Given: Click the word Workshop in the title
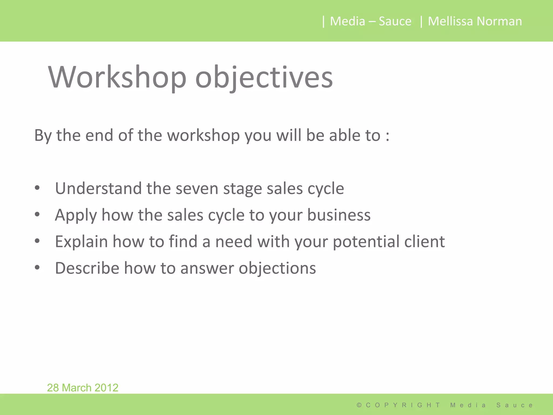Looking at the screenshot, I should [117, 77].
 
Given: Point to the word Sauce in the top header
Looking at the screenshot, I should [395, 21].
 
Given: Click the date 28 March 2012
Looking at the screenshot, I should [83, 387].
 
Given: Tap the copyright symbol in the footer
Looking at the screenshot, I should [359, 405].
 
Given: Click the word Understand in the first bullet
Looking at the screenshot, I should [98, 188].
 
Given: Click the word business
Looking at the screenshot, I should [339, 215].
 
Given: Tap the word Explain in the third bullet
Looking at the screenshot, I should [81, 242].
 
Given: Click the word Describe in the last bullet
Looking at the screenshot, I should [87, 268].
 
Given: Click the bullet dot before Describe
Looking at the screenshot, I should [37, 268].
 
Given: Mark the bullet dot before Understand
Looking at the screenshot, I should [37, 188].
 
